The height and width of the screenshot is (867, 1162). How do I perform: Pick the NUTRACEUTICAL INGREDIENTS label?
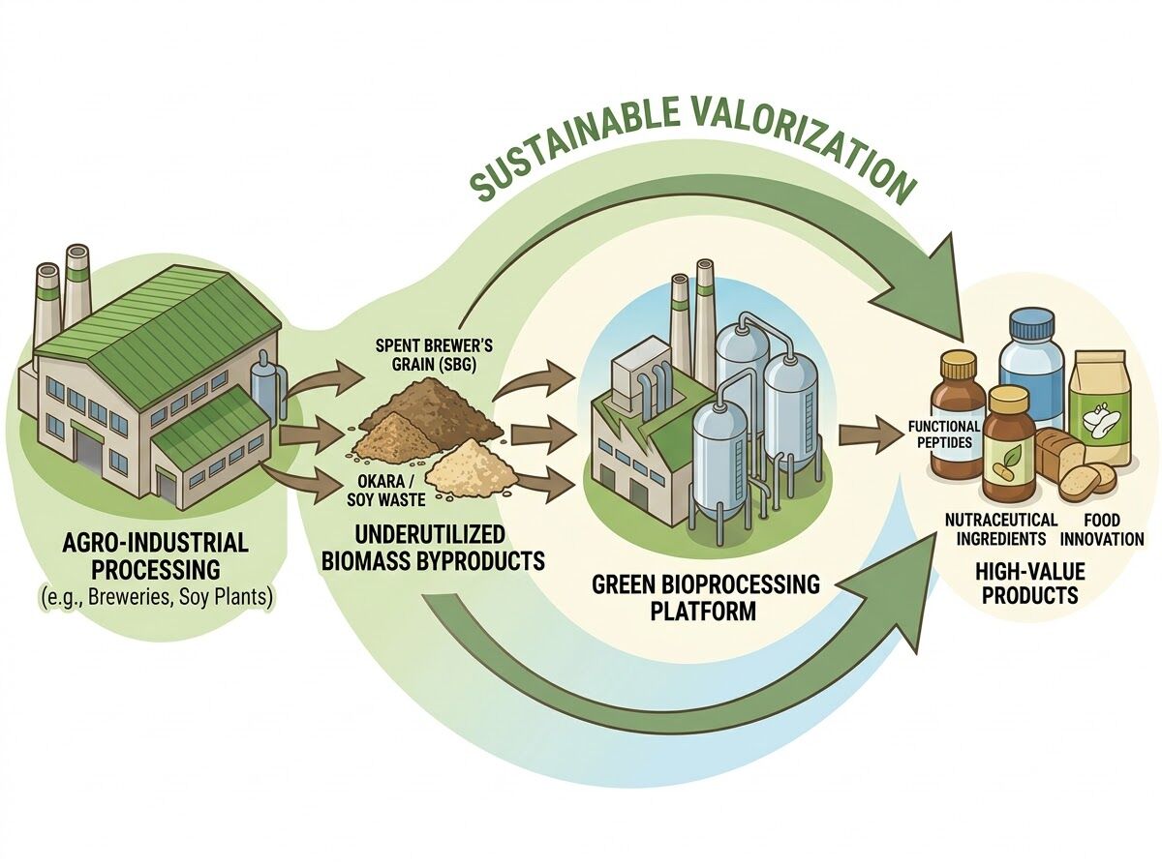tap(1001, 530)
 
